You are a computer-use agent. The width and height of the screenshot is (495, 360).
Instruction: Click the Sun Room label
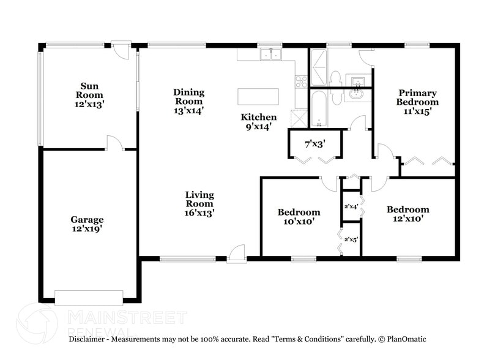pos(89,95)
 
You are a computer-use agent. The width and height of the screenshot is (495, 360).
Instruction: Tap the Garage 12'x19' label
pos(86,224)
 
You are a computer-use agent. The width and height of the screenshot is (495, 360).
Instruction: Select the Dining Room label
pos(188,101)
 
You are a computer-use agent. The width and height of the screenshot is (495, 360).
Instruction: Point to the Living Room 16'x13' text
pos(199,204)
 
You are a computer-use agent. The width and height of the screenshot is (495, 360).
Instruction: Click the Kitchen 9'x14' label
pos(258,121)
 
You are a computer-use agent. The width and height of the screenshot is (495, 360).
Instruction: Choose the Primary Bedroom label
pos(417,102)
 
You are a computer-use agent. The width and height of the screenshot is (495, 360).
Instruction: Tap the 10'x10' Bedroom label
pos(299,217)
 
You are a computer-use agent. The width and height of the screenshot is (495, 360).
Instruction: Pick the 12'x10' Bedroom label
pos(408,213)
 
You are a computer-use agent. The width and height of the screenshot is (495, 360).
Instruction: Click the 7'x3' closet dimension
pos(315,144)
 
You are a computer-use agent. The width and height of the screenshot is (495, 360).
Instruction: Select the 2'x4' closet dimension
pos(351,206)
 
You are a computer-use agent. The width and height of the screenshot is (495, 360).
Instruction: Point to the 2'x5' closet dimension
pos(351,239)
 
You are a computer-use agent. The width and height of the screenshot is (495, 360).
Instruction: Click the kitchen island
pos(258,97)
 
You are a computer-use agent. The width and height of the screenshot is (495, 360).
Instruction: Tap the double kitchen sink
pos(270,55)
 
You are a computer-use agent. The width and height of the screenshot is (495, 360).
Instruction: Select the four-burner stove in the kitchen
pos(301,81)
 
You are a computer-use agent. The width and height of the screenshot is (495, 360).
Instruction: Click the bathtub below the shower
pos(319,108)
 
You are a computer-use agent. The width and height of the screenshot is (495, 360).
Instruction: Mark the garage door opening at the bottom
pos(89,301)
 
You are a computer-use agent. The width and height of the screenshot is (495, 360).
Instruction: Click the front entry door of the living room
pos(237,254)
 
